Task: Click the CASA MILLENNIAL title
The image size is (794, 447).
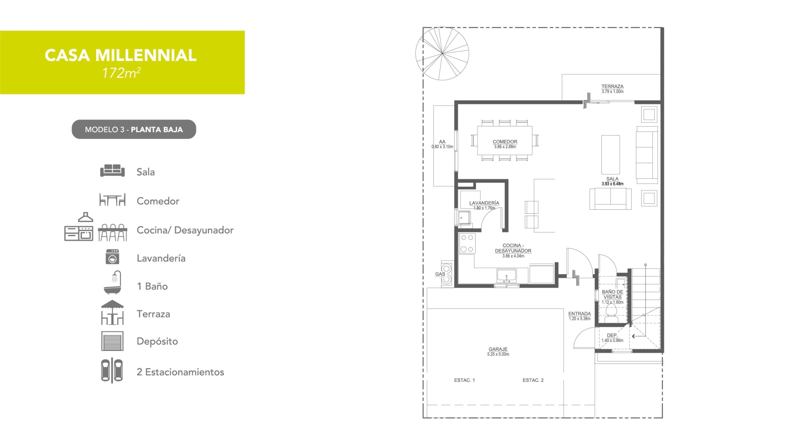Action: pos(121,55)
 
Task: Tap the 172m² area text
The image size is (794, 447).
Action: pos(121,73)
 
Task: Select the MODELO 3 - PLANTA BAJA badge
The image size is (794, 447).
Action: pos(134,129)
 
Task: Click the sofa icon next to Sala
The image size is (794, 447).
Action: pos(112,170)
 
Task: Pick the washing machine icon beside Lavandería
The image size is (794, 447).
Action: pos(112,257)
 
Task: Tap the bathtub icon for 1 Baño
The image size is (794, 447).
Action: pos(113,282)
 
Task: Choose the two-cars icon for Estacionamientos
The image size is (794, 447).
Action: pos(112,370)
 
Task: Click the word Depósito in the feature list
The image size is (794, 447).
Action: pos(157,341)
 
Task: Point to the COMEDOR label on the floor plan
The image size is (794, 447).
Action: pos(505,141)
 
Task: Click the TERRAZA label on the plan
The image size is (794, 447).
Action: pos(612,86)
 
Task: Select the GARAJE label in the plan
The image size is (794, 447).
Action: pos(498,349)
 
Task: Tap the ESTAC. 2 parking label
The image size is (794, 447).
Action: pos(533,380)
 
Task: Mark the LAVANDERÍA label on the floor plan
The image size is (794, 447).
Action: pos(484,203)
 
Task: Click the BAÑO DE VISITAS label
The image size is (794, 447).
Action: pos(613,294)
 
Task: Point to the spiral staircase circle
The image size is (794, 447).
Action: pos(442,53)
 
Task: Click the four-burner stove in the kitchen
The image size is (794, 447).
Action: pos(467,244)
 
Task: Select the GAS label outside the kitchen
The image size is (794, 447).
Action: pos(440,274)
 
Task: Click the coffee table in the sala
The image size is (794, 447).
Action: pos(611,155)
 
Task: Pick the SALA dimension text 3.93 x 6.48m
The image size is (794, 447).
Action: pos(613,184)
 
